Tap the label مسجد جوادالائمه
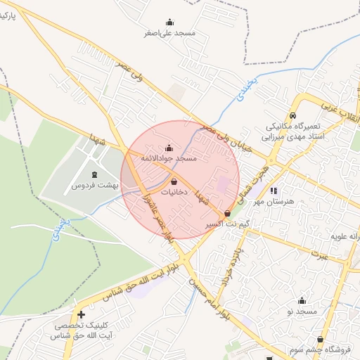click(x=169, y=160)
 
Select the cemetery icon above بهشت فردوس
click(x=96, y=174)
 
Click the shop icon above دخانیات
click(x=174, y=181)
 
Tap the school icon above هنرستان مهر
click(x=274, y=190)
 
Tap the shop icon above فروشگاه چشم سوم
click(x=321, y=339)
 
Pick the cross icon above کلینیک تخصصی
click(x=82, y=314)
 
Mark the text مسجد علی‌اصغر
click(x=173, y=33)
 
